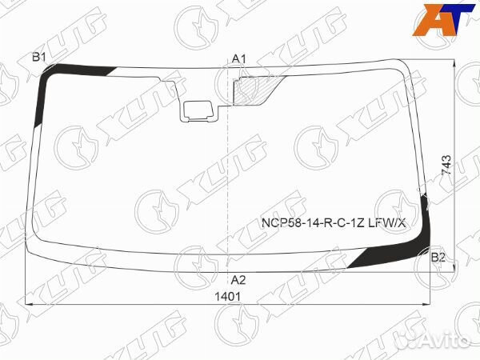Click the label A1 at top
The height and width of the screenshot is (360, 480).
(238, 58)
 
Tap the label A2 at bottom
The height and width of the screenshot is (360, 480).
(238, 280)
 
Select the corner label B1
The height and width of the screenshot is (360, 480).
(38, 56)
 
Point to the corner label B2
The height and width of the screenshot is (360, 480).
(438, 257)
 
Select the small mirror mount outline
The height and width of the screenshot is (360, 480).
(196, 110)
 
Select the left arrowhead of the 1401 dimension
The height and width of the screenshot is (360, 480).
(30, 304)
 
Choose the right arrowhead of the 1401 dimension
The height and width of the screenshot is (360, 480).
(440, 304)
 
